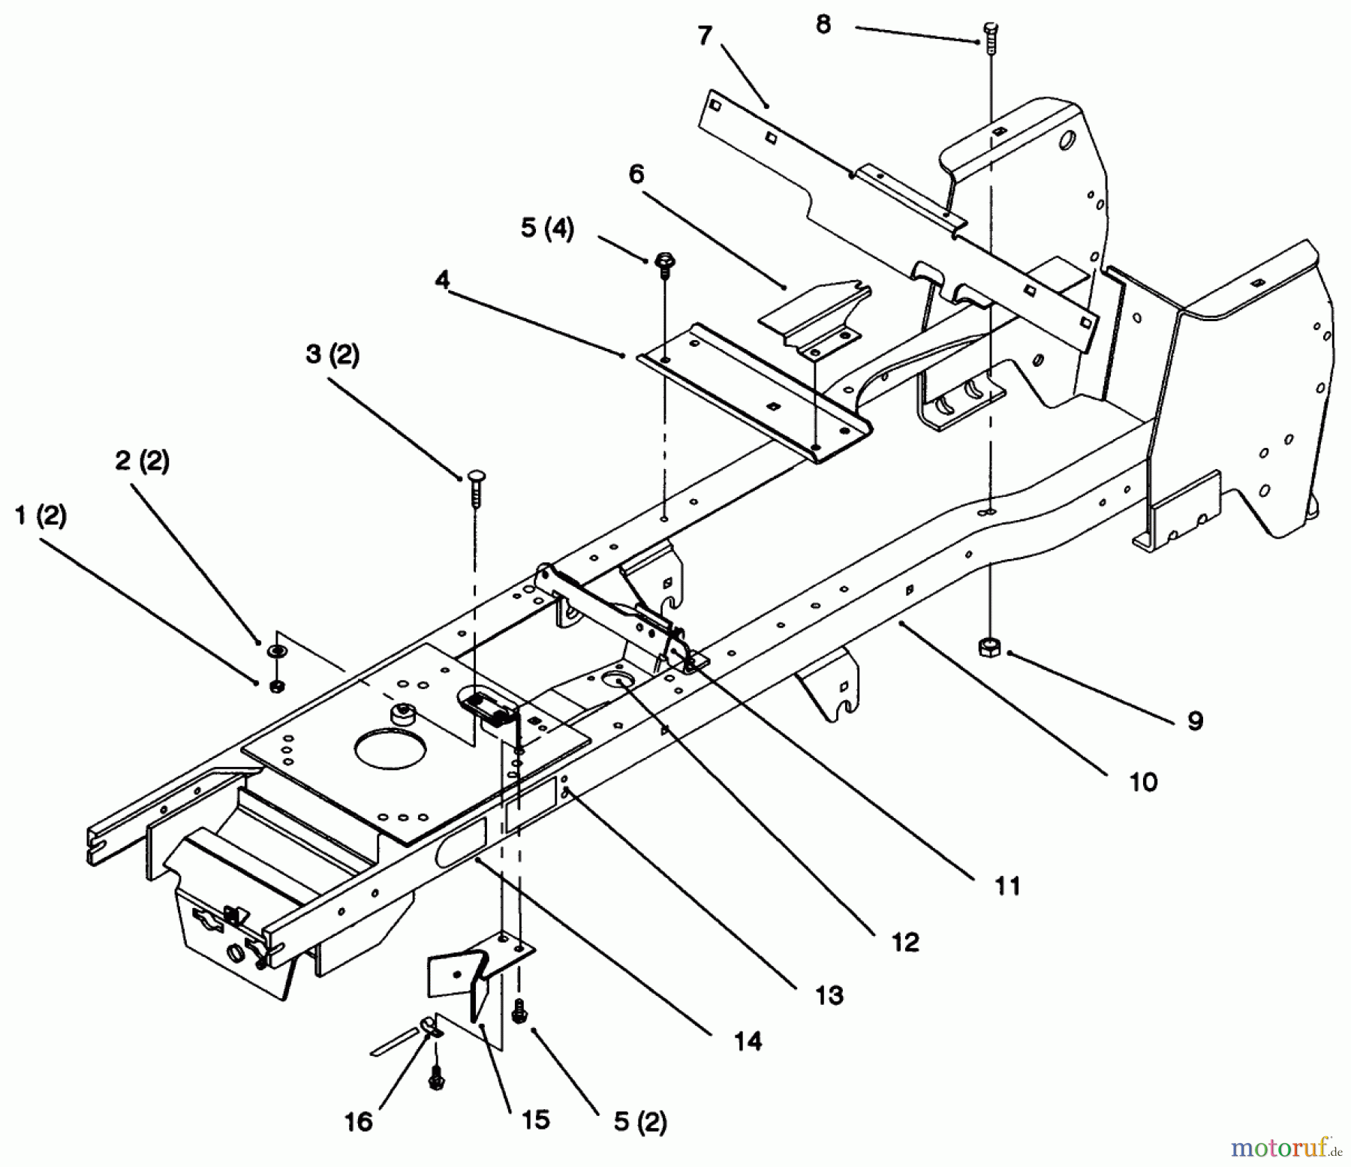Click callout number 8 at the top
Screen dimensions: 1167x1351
(823, 24)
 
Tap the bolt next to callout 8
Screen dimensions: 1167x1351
(990, 37)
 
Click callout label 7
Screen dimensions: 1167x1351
(704, 35)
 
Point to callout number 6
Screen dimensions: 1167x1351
(636, 174)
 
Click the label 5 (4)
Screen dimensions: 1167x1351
(547, 228)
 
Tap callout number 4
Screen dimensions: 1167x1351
(442, 281)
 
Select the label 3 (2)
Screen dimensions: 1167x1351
(332, 354)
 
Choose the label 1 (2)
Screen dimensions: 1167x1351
(41, 516)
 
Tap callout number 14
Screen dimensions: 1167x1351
(748, 1041)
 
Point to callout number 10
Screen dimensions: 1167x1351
(1144, 782)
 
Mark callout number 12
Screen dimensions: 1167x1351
(905, 942)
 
